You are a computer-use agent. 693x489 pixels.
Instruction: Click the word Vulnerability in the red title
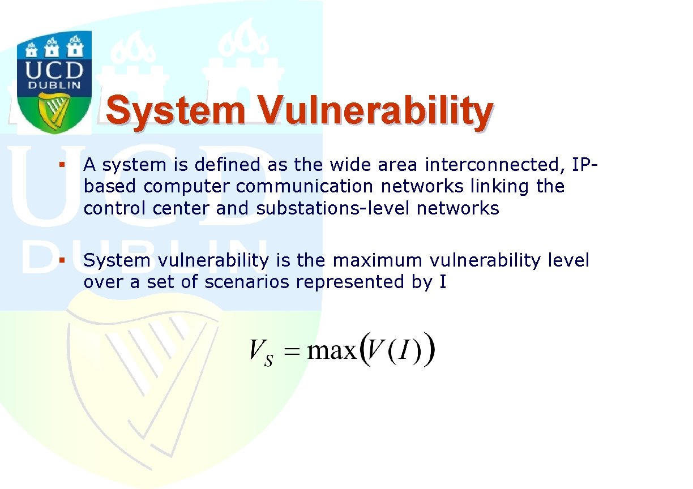375,111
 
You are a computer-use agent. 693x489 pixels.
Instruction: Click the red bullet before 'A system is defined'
62,165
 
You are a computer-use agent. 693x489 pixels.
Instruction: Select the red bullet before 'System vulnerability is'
62,260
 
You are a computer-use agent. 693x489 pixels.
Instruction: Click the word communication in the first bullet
305,187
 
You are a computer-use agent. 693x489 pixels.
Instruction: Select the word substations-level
333,208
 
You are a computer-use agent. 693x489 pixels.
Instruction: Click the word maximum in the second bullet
378,261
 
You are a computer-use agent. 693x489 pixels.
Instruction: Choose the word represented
350,282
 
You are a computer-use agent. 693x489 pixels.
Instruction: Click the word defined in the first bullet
228,164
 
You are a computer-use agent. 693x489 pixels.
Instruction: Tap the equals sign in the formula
292,351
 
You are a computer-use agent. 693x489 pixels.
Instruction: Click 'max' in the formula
332,351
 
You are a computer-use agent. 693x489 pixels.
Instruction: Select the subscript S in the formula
268,361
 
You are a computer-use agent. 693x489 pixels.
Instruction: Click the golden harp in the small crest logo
54,111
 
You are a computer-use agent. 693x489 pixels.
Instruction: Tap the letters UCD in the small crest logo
54,70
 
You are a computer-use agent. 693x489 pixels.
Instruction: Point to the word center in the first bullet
181,208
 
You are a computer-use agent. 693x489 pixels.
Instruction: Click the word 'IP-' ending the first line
585,165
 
